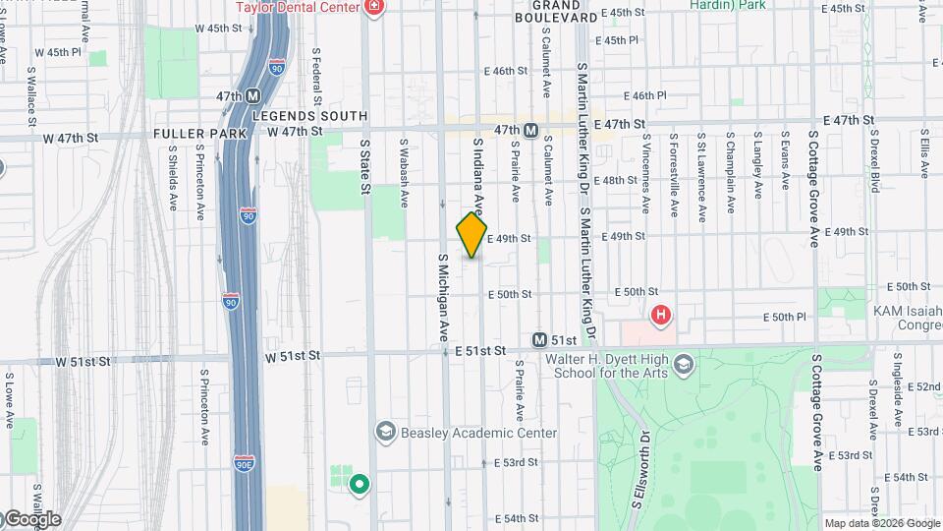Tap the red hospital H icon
[661, 315]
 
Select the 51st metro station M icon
[539, 339]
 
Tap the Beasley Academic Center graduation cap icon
[385, 432]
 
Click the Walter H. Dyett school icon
[684, 367]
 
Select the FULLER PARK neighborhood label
[193, 134]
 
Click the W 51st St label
[81, 362]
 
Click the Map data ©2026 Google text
[881, 523]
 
